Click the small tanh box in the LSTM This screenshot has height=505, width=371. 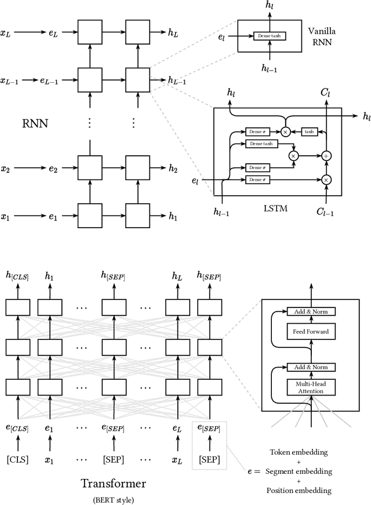[x=310, y=132]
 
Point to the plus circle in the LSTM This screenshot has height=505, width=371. [x=326, y=156]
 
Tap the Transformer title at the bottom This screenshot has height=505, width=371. [x=113, y=483]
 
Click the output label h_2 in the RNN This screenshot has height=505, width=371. [x=173, y=169]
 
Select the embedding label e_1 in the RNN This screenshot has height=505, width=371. [x=53, y=217]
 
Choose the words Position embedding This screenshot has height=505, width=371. [x=299, y=491]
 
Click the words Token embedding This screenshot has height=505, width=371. [x=299, y=452]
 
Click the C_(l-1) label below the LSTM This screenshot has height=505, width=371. [x=326, y=213]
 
